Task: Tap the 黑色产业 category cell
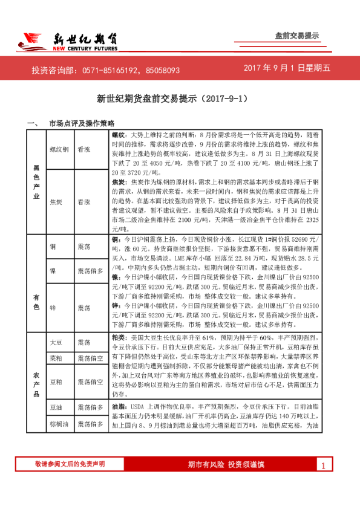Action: click(x=36, y=182)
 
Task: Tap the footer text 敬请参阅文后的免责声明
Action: click(x=70, y=464)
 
